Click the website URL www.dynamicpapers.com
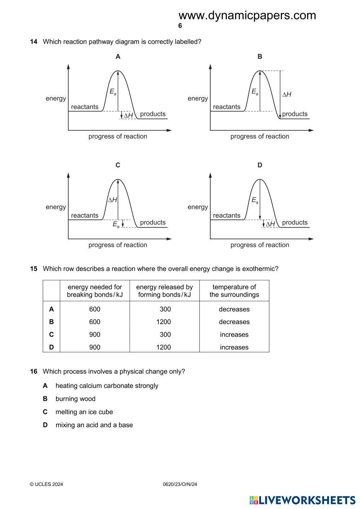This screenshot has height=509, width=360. click(247, 15)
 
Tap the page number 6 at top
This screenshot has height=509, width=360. click(180, 26)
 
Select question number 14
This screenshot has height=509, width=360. click(33, 42)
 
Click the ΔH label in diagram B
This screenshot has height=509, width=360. click(287, 95)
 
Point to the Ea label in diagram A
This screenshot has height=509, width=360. click(113, 92)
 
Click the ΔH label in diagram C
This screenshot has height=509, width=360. click(113, 200)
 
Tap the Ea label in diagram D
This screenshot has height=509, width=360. click(255, 200)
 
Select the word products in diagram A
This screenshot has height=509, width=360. click(153, 114)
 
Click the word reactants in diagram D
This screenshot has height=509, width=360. click(226, 215)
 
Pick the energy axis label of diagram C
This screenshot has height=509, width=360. click(56, 207)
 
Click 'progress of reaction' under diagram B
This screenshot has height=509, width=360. click(260, 136)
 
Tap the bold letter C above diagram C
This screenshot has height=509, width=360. click(118, 165)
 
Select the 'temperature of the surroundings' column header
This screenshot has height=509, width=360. click(234, 291)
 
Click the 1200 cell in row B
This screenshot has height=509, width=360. click(163, 322)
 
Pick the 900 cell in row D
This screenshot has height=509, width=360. click(95, 347)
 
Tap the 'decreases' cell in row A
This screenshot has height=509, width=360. click(234, 309)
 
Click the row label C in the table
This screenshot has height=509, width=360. click(51, 335)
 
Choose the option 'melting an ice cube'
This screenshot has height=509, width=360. click(84, 412)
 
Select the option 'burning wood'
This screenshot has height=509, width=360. click(75, 399)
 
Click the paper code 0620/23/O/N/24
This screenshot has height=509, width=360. click(180, 484)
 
